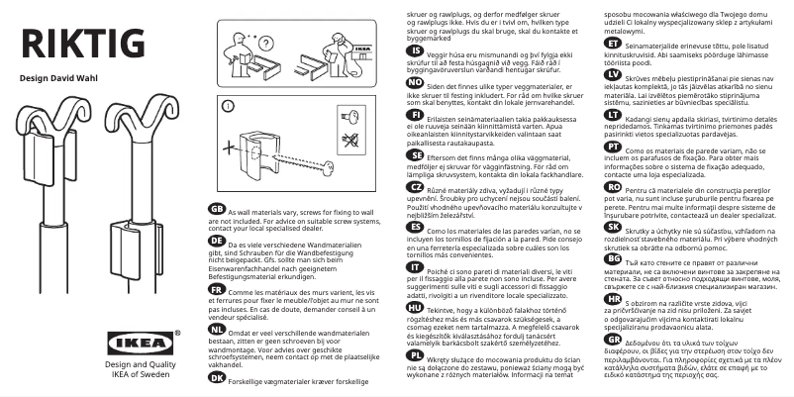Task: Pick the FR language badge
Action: tap(217, 293)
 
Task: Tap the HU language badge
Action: tap(416, 307)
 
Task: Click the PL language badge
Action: tap(416, 353)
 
